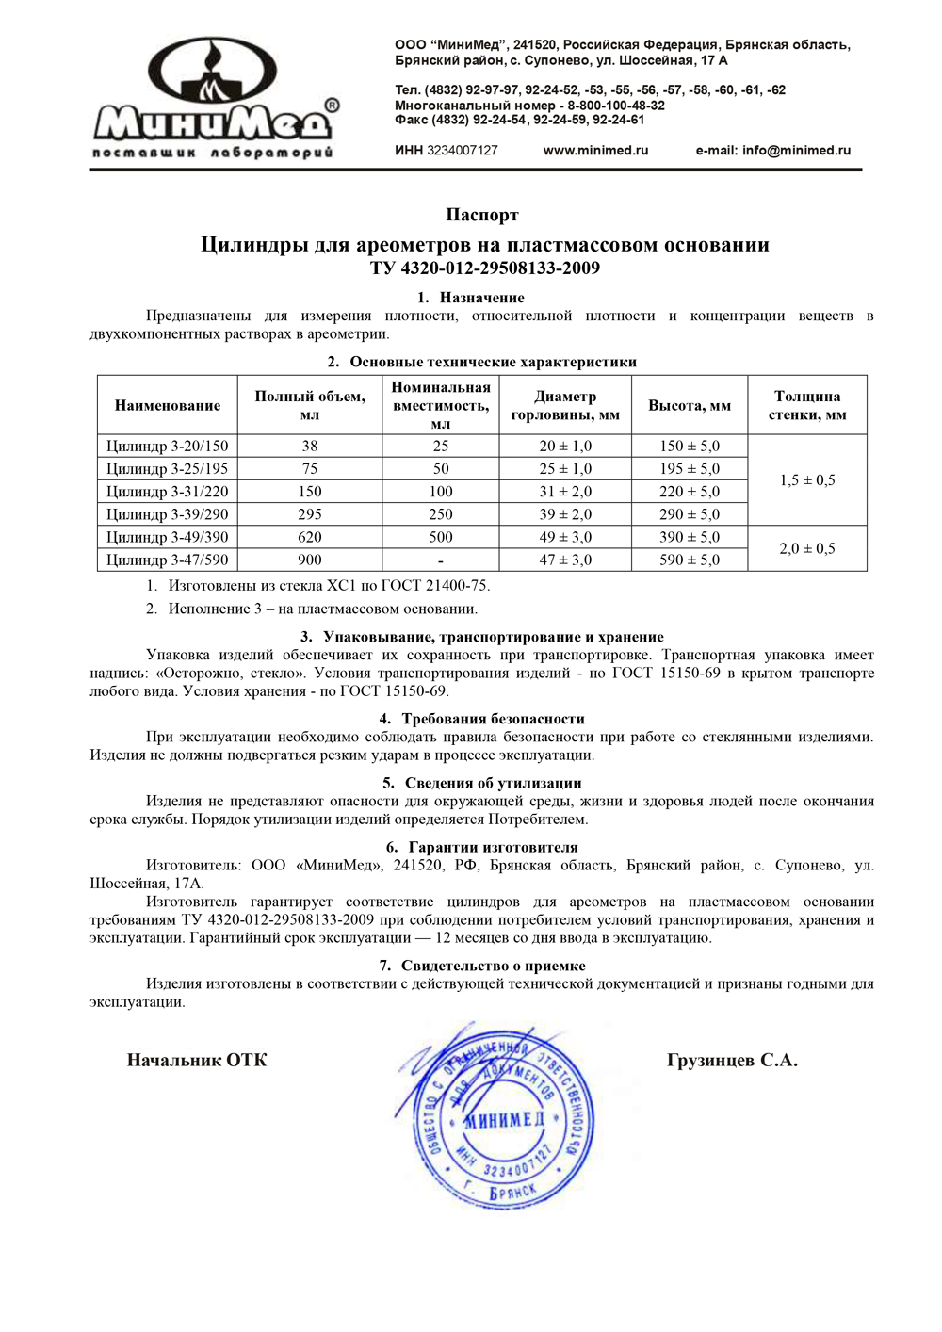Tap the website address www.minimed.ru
point(595,151)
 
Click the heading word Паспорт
point(482,216)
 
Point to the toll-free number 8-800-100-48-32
point(616,106)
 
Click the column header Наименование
point(168,406)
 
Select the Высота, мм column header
point(690,406)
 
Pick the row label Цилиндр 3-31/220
point(168,492)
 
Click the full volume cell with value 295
point(310,514)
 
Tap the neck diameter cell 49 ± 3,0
point(565,537)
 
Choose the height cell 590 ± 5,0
point(690,560)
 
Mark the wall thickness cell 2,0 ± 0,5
point(807,548)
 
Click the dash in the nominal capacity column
point(441,560)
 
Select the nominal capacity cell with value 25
point(441,447)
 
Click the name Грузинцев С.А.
point(732,1061)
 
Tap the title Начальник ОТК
point(197,1061)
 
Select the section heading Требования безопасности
point(493,719)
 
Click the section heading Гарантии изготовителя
point(493,847)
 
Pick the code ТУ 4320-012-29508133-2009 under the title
point(485,268)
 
